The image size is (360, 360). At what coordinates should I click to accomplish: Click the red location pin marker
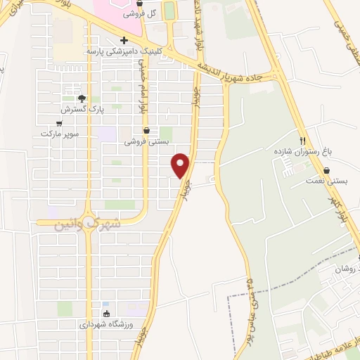coord(181,165)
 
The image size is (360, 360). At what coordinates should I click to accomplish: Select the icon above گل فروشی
coord(139,4)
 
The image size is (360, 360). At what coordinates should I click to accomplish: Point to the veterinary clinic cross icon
coord(124,40)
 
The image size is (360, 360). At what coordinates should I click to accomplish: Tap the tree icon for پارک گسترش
coord(82,98)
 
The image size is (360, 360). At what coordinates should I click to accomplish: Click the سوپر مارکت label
coord(58,134)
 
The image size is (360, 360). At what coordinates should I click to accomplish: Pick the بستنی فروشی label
coord(147,141)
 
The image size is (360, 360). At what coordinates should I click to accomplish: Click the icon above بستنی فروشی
coord(146,130)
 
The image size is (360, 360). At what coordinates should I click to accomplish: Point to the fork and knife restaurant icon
coord(303,140)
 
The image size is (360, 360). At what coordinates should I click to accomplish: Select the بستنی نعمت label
coord(327,181)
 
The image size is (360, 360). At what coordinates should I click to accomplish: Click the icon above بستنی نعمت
coord(327,169)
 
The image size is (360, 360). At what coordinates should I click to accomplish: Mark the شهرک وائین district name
coord(88,223)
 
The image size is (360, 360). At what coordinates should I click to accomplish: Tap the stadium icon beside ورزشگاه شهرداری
coord(106,314)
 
